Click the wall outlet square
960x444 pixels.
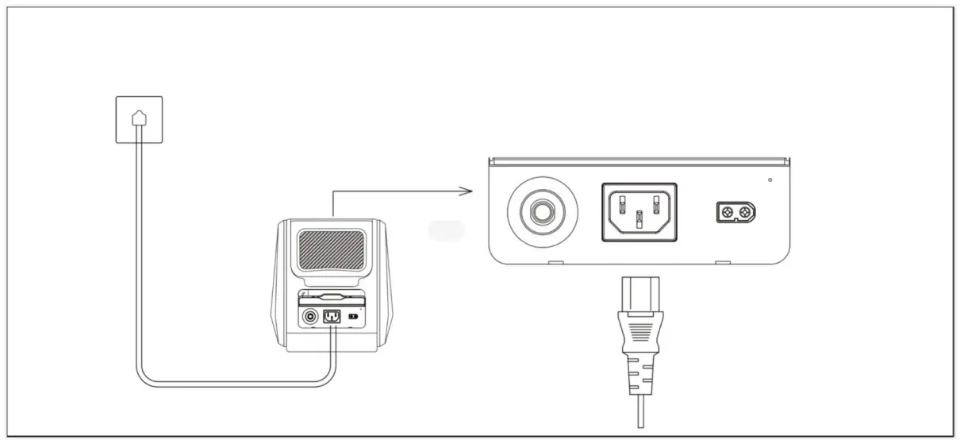point(139,119)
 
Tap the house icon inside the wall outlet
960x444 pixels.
point(139,117)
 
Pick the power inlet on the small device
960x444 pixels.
point(331,317)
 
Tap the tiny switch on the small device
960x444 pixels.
point(353,316)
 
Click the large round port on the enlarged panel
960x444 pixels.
point(543,212)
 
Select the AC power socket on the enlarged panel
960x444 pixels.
point(639,211)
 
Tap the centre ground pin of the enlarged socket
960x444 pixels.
point(639,218)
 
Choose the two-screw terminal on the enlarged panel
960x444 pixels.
point(735,212)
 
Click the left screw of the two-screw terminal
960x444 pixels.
point(726,212)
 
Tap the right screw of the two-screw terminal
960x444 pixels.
point(745,212)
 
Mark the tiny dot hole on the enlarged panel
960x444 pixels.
point(770,180)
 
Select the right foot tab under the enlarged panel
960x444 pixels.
point(722,262)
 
